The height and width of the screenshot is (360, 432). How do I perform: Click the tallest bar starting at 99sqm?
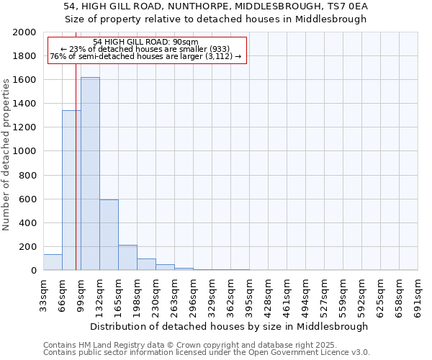pos(90,174)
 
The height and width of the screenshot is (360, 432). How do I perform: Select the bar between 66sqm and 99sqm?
pos(71,190)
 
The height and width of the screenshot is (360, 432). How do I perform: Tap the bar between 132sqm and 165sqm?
pos(109,235)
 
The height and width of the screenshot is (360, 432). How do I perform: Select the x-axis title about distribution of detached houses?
pos(230,326)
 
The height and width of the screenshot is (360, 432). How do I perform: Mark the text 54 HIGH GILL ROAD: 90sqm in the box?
pos(145,42)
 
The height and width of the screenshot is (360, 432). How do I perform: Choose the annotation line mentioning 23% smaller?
pos(145,49)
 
